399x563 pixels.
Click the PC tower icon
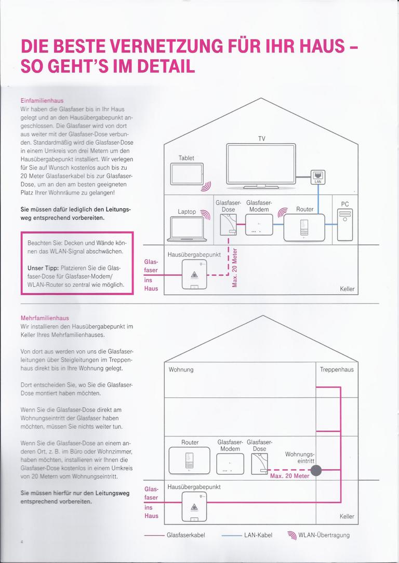345,224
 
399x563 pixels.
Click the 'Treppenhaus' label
337,369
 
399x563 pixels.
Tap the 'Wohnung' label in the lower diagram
181,369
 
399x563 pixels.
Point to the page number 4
22,542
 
